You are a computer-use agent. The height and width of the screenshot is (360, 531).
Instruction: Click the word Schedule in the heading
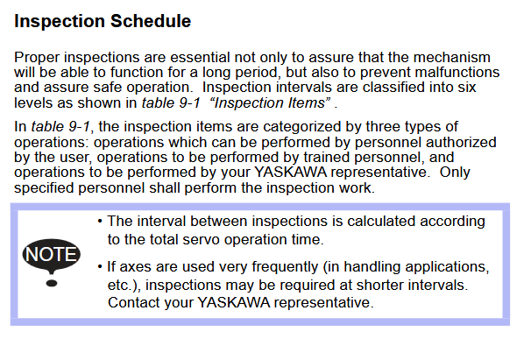[151, 21]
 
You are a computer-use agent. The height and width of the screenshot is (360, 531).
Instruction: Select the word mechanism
[452, 57]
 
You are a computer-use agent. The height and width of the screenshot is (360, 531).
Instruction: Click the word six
[467, 87]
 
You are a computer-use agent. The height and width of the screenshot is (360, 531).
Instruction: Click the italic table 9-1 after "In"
[60, 127]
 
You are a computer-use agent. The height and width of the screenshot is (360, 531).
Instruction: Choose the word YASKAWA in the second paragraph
[291, 172]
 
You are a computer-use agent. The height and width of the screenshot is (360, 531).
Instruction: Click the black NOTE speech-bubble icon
[51, 255]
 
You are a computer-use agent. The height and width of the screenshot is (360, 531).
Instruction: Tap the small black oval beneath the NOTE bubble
[52, 283]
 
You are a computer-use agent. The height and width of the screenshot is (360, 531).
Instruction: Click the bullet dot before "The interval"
[100, 222]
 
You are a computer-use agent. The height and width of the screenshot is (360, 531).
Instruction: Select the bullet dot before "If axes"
[100, 267]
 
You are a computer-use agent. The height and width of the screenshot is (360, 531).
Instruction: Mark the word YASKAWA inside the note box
[234, 302]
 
